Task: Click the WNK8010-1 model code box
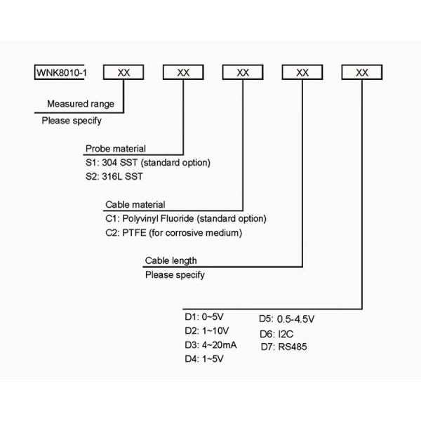60,73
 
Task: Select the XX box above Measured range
123,73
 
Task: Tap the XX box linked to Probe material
183,73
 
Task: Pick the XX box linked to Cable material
243,73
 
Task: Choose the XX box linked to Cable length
302,73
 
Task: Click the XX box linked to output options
362,73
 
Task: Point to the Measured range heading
80,104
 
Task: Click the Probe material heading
115,149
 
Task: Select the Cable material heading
135,204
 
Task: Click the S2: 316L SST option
114,177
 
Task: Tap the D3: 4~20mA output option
210,344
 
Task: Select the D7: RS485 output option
283,346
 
